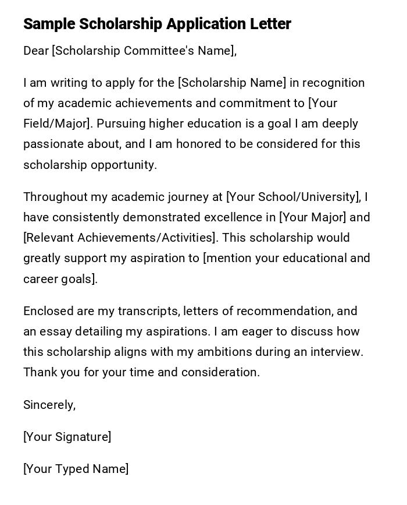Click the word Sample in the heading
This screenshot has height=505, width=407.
(49, 24)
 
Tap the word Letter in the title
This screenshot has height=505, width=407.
(271, 24)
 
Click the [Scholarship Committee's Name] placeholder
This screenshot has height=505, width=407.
(144, 51)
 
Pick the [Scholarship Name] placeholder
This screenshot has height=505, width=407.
(232, 83)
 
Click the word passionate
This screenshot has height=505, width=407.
(51, 144)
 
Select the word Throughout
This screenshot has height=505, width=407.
(55, 197)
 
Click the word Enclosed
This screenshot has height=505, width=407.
(47, 311)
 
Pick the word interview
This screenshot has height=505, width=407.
(337, 352)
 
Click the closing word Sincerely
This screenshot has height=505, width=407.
(49, 405)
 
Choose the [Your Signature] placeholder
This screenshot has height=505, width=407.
(67, 437)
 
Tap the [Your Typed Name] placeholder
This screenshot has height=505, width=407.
(76, 469)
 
